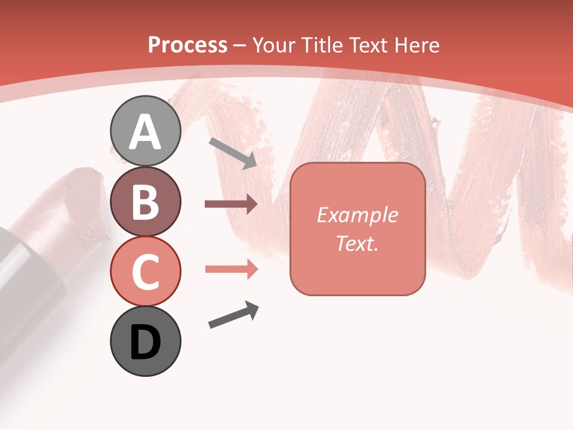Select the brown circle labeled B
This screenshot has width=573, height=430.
tap(146, 202)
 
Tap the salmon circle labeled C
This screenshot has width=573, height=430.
tap(146, 271)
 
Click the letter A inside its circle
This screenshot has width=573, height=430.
tap(146, 132)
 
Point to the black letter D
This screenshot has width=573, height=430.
tap(146, 343)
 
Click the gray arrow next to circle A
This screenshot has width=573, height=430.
tap(233, 153)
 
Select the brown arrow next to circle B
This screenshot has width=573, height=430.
tap(231, 204)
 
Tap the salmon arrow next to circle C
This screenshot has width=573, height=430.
tap(231, 269)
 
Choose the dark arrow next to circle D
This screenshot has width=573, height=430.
tap(233, 315)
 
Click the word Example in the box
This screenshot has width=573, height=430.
tap(357, 215)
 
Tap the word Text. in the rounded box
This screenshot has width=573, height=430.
tap(357, 244)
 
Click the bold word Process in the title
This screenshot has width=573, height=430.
tap(187, 45)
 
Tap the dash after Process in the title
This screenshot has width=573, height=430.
tap(239, 45)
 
